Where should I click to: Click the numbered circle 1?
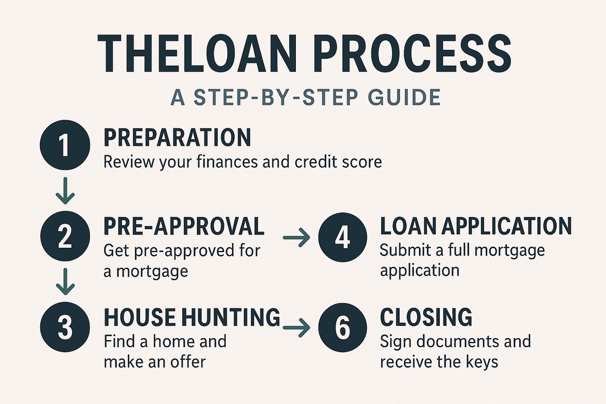point(65,145)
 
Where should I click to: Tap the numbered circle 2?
point(65,236)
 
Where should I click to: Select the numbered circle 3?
point(65,327)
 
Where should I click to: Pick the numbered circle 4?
point(343,237)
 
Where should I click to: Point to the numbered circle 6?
point(343,327)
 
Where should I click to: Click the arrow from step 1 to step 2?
point(65,190)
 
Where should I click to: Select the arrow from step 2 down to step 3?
point(65,281)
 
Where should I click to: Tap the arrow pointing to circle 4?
point(296,237)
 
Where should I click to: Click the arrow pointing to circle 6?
point(296,328)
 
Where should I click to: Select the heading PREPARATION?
point(178,137)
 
